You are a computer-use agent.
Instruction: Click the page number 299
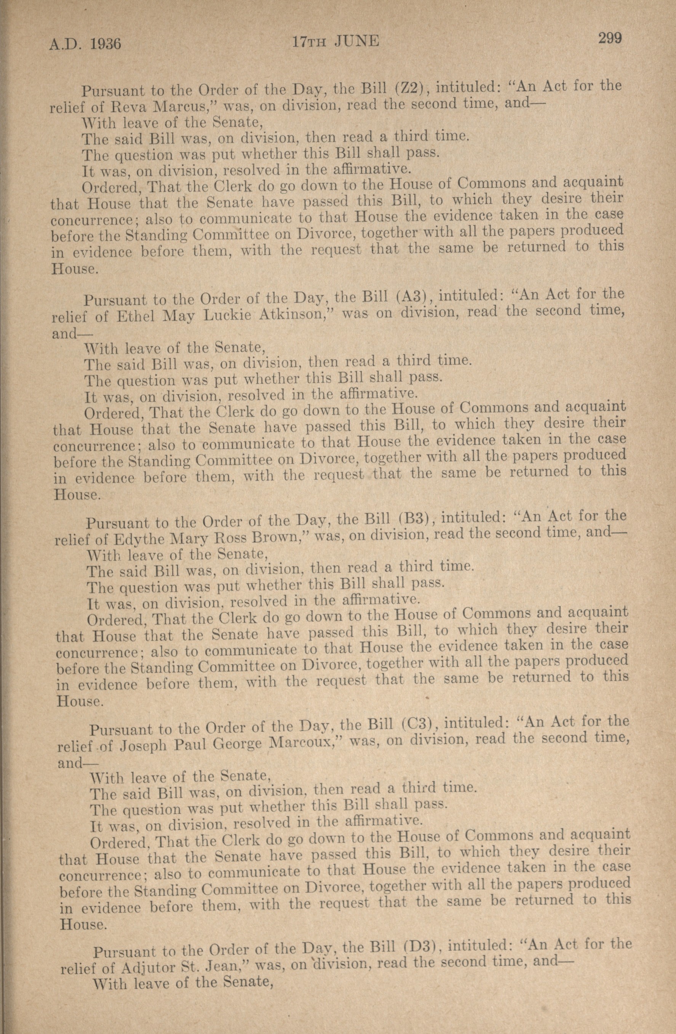(610, 38)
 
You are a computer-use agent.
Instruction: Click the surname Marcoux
(302, 743)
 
